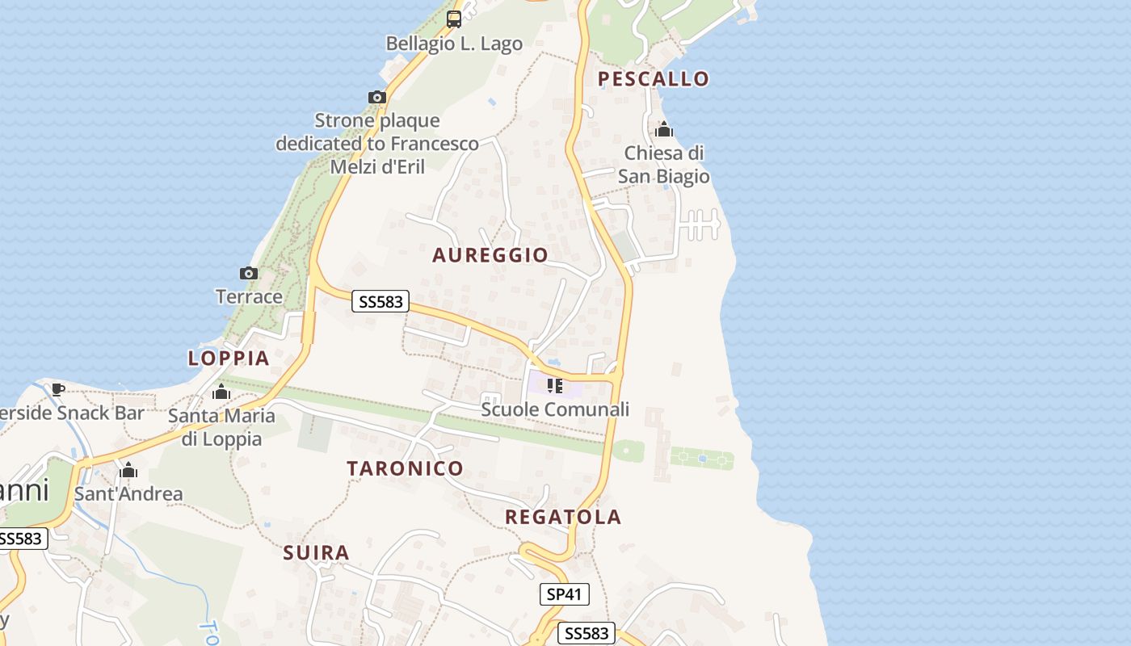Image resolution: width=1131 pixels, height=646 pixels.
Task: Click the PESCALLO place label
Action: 653,78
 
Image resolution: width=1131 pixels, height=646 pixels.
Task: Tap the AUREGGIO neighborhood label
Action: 490,255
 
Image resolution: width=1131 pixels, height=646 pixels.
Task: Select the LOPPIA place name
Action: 229,358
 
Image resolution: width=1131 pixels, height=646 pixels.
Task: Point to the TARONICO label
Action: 406,468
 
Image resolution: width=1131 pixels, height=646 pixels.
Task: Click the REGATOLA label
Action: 563,517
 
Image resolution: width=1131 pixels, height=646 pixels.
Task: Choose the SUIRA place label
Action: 317,553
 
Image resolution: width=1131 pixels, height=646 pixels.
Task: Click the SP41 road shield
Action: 565,594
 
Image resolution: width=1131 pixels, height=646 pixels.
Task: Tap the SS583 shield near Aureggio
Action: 381,302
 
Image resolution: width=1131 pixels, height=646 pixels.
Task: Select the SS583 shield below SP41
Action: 587,633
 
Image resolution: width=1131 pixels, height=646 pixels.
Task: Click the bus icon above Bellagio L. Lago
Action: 454,19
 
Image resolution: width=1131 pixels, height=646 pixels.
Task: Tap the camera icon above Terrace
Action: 249,274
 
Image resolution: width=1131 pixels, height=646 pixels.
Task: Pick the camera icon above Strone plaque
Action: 376,98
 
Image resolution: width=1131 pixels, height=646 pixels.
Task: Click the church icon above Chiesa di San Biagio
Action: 664,129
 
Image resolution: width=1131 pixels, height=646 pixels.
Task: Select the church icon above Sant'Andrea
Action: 128,470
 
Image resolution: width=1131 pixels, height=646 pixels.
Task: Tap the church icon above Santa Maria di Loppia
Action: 221,392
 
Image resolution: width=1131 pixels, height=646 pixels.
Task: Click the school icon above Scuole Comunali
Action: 554,386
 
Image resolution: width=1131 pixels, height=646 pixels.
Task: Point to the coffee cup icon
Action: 57,389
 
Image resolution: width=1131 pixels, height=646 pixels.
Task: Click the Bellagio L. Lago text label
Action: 454,44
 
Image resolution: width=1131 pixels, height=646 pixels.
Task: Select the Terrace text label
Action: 249,296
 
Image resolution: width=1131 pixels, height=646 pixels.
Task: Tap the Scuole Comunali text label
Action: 555,409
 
